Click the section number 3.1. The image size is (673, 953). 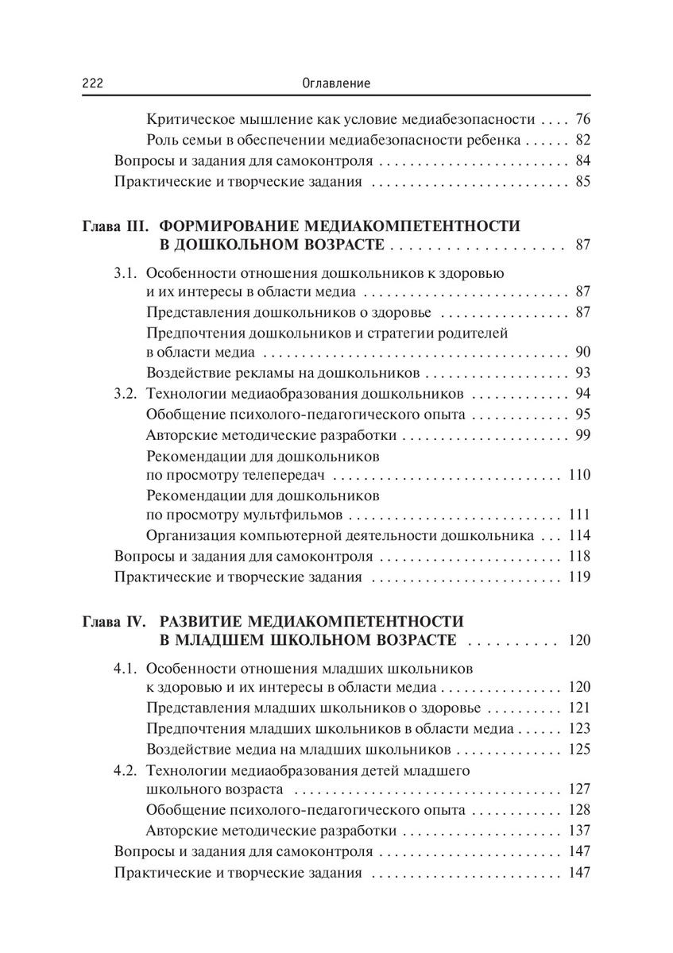pyautogui.click(x=126, y=273)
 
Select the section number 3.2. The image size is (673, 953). pyautogui.click(x=126, y=393)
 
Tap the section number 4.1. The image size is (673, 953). pyautogui.click(x=126, y=667)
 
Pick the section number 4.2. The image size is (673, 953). pyautogui.click(x=126, y=770)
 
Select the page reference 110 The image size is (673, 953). pyautogui.click(x=579, y=476)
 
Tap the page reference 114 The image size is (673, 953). pyautogui.click(x=579, y=536)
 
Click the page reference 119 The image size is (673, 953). pyautogui.click(x=579, y=577)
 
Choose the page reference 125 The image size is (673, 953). pyautogui.click(x=579, y=749)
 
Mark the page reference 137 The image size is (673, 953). pyautogui.click(x=579, y=831)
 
